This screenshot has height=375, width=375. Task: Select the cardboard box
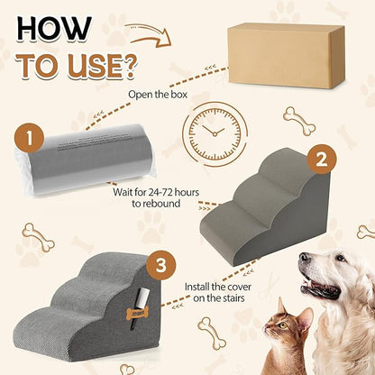(285, 56)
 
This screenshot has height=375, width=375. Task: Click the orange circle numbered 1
(30, 141)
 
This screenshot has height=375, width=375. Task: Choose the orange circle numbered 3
(160, 266)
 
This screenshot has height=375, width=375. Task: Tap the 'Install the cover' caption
(221, 288)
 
